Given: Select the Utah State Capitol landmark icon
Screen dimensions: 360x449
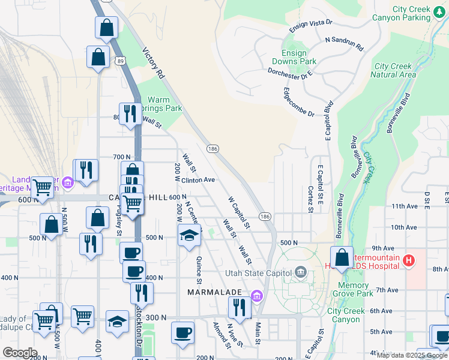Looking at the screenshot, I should [x=300, y=273].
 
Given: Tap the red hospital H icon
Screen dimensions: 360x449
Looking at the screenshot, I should [x=409, y=260].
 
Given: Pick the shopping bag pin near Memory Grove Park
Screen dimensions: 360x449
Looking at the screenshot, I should [x=341, y=257].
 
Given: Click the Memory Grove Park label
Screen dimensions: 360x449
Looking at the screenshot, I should [x=353, y=290].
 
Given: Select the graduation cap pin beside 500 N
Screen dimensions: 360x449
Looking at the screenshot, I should [x=189, y=235].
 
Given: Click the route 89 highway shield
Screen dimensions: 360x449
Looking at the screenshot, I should [x=122, y=61].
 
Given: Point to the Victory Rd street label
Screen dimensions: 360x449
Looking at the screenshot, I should [x=152, y=64].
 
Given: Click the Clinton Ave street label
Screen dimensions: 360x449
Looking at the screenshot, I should [x=198, y=179].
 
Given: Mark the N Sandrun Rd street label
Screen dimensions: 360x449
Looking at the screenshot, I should [x=344, y=43].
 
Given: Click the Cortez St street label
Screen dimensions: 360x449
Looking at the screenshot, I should [x=310, y=199].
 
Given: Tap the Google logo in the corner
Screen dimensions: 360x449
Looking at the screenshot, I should [x=19, y=353].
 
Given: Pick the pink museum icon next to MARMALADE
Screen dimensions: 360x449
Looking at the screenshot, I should [x=258, y=295].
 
